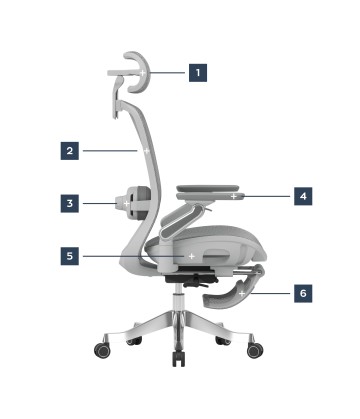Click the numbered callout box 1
click(198, 73)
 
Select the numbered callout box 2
click(70, 151)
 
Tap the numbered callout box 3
click(70, 203)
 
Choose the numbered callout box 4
click(303, 196)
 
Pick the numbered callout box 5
click(70, 256)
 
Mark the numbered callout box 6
click(303, 293)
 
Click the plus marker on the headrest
click(142, 73)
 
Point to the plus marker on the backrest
click(146, 151)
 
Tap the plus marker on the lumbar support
click(126, 203)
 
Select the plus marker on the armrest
click(234, 196)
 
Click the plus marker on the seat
click(192, 256)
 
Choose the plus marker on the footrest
click(242, 294)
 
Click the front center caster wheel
click(178, 358)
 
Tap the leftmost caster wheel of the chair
click(103, 349)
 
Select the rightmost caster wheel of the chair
click(255, 350)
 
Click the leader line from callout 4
click(266, 196)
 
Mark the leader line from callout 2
click(110, 151)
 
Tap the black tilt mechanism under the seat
click(190, 279)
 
